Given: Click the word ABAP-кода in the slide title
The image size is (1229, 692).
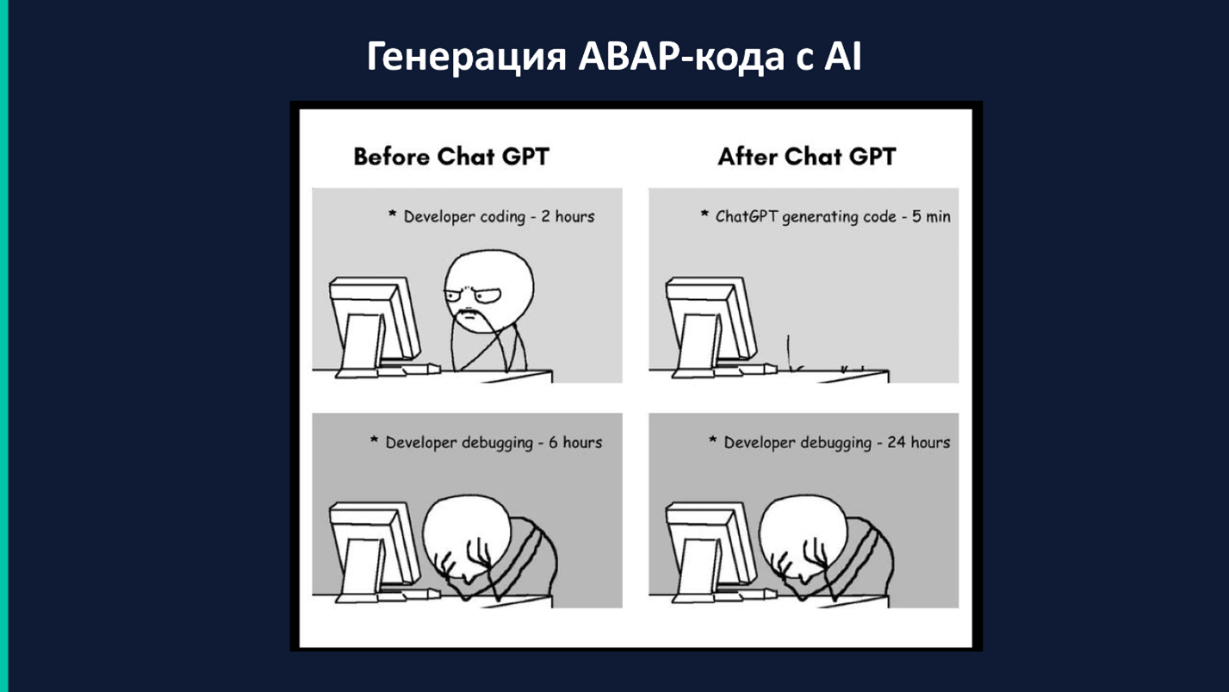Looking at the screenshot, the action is click(681, 57).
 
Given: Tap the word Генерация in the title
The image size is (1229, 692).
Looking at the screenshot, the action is click(466, 57).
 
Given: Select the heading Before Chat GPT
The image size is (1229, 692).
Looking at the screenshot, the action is click(451, 157).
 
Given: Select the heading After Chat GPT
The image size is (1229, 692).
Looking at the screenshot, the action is click(806, 157).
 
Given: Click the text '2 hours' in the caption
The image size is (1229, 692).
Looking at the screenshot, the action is click(568, 216).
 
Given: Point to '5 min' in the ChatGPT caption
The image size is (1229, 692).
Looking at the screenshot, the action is click(931, 216).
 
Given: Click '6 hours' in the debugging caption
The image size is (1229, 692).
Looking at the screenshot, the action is click(575, 442).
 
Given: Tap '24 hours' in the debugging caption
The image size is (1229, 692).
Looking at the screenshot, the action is click(918, 442).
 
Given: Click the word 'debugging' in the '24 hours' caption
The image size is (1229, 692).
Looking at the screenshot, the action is click(835, 443).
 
